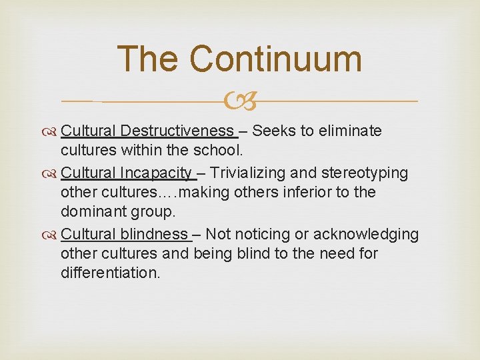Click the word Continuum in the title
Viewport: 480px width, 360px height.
[276, 59]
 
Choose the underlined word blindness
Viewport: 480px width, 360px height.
[154, 234]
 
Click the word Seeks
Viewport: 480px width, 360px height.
[274, 131]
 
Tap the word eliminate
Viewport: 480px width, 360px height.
[348, 131]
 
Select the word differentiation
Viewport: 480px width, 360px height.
[111, 273]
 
